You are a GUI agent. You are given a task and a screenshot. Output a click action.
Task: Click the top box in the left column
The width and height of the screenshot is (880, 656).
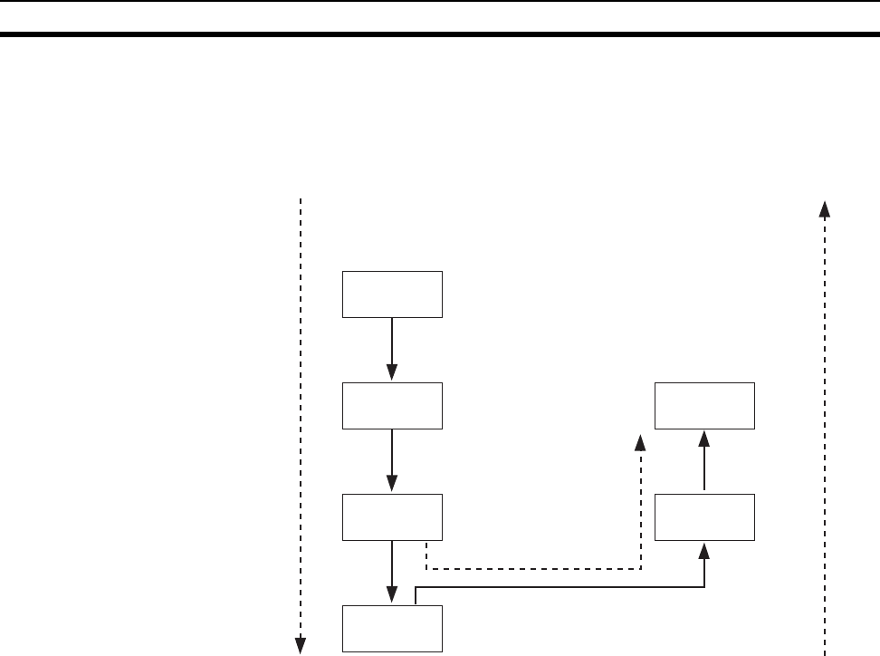(392, 294)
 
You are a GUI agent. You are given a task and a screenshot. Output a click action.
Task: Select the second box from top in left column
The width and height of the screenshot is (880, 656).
(392, 405)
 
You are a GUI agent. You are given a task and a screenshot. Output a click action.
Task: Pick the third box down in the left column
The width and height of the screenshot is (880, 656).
(392, 517)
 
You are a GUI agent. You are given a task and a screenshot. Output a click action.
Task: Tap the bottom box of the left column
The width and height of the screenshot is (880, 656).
(392, 628)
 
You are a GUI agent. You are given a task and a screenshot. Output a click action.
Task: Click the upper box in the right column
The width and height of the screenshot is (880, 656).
(704, 405)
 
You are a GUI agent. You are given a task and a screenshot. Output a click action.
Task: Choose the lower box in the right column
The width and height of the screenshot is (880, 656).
(704, 517)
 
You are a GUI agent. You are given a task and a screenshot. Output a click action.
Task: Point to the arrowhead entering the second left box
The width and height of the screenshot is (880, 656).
(392, 374)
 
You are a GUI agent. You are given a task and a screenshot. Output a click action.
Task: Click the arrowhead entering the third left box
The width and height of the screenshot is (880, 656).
(392, 486)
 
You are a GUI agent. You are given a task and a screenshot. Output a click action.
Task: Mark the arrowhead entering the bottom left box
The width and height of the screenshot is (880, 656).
(392, 597)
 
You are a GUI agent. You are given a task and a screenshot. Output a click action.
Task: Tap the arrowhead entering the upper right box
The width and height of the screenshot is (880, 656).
(704, 438)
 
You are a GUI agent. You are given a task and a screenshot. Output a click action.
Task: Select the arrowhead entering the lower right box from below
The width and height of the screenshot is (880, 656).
(704, 549)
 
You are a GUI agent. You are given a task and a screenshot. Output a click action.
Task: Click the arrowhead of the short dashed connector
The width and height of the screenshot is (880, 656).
(640, 442)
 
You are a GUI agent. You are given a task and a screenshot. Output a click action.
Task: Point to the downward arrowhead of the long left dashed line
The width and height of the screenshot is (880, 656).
(299, 645)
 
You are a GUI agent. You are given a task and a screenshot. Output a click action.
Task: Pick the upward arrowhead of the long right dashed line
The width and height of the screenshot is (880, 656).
(824, 207)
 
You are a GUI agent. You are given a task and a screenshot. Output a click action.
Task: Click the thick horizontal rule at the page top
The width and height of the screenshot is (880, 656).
(440, 35)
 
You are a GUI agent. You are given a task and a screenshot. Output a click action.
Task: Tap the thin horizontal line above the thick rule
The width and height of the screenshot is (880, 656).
(440, 2)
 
